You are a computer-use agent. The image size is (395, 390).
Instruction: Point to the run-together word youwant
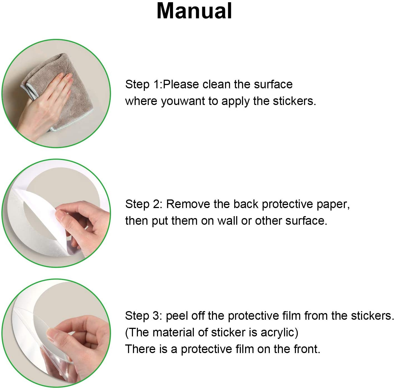click(x=183, y=102)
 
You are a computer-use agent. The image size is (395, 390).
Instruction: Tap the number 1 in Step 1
click(x=156, y=84)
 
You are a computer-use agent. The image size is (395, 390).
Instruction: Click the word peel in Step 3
click(x=176, y=316)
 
